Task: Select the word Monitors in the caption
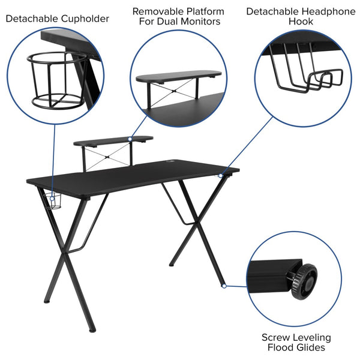[x=200, y=22]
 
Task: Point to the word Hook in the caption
[x=301, y=22]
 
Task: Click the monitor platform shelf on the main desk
[x=112, y=142]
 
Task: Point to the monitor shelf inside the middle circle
[x=178, y=76]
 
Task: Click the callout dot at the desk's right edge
[x=221, y=175]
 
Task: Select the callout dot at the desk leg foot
[x=223, y=286]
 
